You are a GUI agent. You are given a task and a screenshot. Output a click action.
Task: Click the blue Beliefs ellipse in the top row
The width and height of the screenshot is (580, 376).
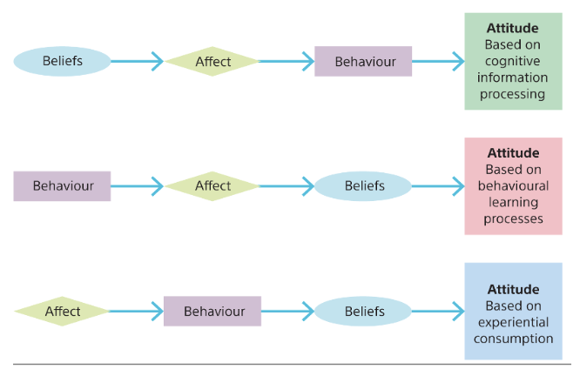coord(62,61)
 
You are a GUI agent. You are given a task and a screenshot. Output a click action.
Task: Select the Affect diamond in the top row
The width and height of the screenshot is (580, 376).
coord(212,61)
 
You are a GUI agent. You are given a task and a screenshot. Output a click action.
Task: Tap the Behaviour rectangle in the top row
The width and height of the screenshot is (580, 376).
coord(363,61)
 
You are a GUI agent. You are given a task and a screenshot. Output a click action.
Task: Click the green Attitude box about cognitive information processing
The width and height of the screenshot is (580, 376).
coord(513,61)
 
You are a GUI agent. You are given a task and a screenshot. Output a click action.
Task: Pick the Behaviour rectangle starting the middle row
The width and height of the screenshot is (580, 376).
coord(62,186)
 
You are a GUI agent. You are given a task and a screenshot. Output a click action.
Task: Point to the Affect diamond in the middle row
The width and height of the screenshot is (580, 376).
coord(212,186)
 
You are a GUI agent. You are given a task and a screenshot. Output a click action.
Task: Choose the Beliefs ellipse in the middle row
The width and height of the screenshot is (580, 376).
coord(363,186)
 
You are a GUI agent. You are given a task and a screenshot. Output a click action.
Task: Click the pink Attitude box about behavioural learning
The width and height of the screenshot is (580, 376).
coord(513,186)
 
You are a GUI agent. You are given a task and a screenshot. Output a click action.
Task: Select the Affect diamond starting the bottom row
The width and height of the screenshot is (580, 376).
coord(62,311)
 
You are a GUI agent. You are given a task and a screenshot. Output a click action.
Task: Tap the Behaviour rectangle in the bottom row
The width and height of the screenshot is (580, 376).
coord(212,311)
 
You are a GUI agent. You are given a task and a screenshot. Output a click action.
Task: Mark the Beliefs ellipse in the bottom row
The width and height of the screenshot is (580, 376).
coord(363,311)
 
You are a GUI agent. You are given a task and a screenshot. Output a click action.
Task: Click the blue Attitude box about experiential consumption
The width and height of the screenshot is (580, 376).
coord(513,311)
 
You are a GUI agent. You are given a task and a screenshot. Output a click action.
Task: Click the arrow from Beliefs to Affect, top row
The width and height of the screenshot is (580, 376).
coord(138,61)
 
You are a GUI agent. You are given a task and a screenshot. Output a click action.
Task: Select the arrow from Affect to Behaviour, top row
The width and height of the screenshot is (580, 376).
coord(287,61)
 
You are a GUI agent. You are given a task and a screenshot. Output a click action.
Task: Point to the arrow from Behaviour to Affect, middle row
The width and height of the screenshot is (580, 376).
coord(138,186)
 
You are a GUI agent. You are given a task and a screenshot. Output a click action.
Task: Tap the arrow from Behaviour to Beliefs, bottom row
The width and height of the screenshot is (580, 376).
coord(287,311)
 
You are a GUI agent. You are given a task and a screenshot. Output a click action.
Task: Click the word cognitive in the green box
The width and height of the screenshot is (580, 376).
coord(513,61)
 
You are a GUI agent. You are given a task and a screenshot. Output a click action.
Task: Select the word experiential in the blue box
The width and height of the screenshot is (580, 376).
coord(513,322)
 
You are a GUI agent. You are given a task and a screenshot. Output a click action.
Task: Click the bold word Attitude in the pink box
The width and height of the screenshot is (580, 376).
coord(513,153)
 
